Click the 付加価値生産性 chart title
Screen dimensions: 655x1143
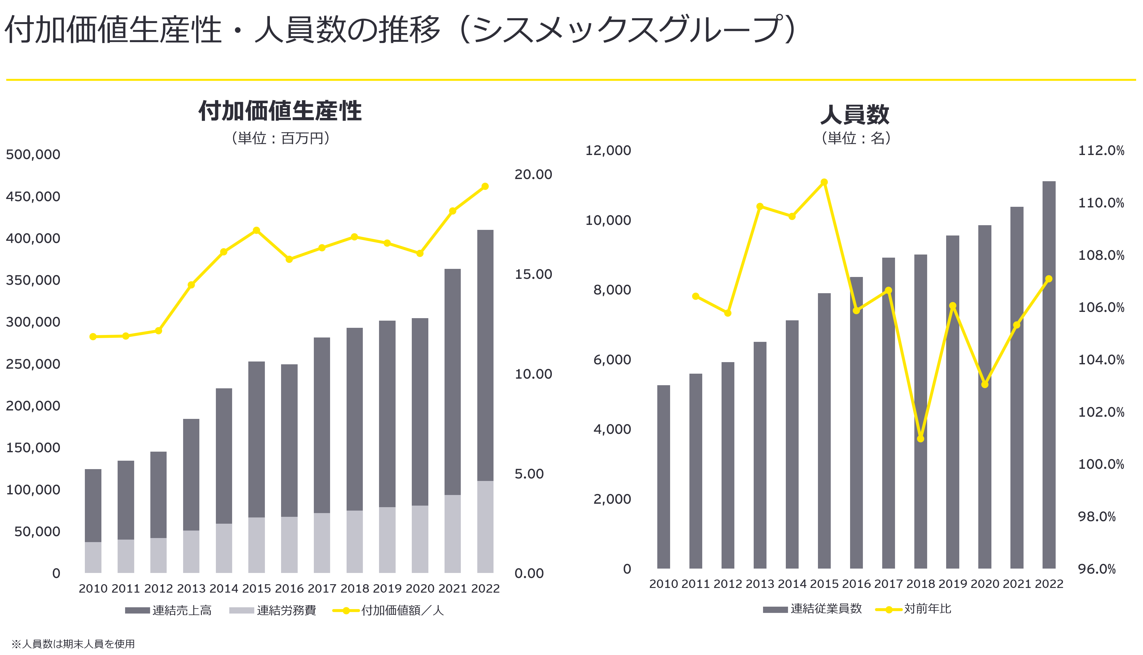coord(280,111)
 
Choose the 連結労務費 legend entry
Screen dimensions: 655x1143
coord(273,610)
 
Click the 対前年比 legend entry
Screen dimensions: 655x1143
coord(914,609)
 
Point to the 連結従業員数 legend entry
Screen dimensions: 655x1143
coord(812,609)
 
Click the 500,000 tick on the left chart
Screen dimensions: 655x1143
coord(33,154)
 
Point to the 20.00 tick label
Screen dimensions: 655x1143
coord(533,175)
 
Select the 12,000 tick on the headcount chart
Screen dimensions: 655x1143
coord(608,150)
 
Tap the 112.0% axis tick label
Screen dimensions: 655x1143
coord(1101,150)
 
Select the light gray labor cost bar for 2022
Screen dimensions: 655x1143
coord(485,527)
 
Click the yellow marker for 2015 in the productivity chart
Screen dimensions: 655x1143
coord(256,230)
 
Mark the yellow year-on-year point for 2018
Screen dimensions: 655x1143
coord(920,439)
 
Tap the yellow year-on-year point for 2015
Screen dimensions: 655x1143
coord(824,182)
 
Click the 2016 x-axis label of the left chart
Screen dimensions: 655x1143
coord(289,589)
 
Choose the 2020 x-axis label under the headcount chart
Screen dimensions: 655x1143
coord(985,584)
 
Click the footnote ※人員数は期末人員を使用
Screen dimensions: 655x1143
coord(73,644)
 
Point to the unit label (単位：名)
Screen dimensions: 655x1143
coord(856,138)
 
